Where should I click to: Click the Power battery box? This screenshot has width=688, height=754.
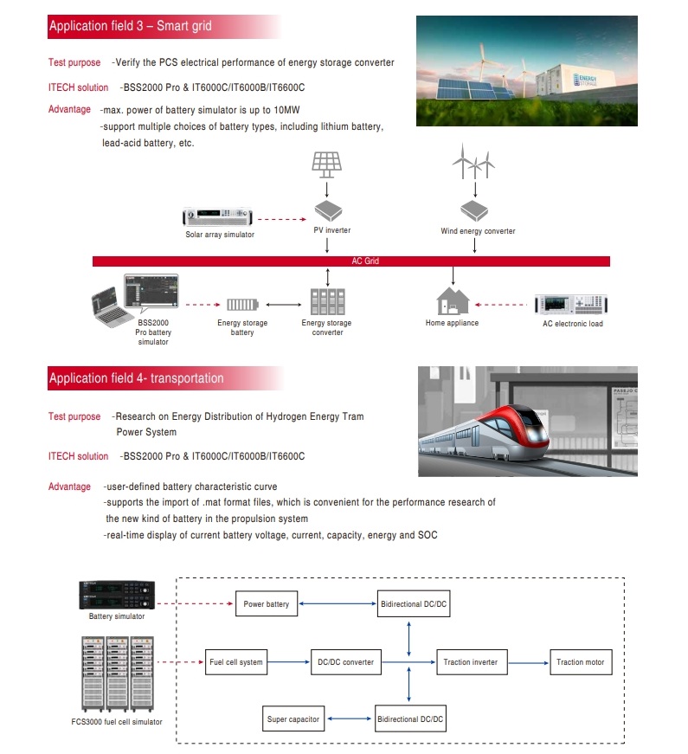[267, 603]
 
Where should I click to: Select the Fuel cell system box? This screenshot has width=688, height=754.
[235, 662]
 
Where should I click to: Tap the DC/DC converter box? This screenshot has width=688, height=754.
[345, 662]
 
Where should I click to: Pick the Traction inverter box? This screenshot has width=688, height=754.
[470, 662]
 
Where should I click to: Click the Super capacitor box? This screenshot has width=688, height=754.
[293, 719]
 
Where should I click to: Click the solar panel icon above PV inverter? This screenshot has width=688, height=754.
[327, 164]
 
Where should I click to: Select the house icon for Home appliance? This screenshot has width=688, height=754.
[453, 300]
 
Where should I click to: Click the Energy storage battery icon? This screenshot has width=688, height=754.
[241, 305]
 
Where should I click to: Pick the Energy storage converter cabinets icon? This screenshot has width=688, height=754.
[326, 302]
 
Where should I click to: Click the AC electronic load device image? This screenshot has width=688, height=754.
[572, 305]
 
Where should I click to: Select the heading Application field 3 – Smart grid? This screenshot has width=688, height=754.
[130, 26]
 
